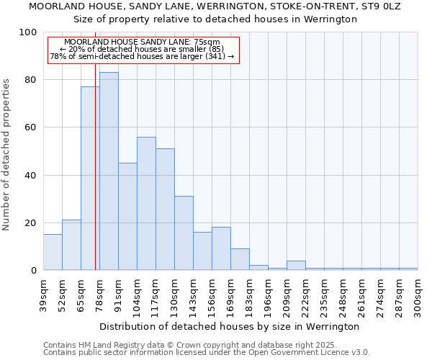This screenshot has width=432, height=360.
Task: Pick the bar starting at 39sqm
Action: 53,252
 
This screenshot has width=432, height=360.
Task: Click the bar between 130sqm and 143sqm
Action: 184,233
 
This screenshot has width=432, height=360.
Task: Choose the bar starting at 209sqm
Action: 296,266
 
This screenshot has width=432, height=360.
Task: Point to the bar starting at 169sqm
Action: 240,259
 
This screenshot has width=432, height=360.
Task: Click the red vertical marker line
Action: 95,180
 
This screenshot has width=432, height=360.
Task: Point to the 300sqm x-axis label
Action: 418,296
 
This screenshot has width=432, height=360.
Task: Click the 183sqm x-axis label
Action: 249,296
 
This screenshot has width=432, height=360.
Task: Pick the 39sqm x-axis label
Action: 43,296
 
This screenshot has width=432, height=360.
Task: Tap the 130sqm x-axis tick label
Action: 174,296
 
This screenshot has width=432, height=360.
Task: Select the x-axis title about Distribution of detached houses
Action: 230,326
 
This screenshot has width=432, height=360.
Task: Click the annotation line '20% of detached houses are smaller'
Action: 141,49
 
